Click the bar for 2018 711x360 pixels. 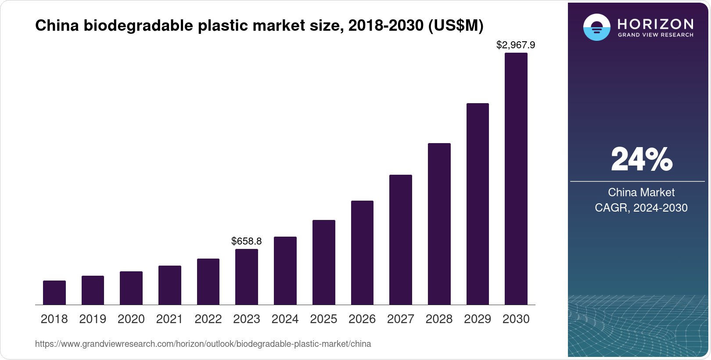tap(54, 292)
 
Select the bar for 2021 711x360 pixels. tap(170, 285)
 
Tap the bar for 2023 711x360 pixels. tap(247, 277)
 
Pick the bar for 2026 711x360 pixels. tap(362, 252)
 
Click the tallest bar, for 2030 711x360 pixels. tap(516, 179)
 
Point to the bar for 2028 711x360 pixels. tap(439, 224)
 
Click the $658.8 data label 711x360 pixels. tap(247, 241)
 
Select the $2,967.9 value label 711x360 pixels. tap(516, 45)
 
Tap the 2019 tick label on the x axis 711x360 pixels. tap(93, 319)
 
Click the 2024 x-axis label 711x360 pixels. tap(285, 319)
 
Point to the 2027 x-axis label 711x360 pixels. tap(401, 319)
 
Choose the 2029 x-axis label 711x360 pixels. tap(478, 319)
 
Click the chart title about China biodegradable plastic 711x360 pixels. tap(259, 26)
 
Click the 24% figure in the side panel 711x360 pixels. tap(641, 159)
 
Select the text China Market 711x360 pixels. tap(641, 192)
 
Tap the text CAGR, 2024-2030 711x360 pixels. tap(641, 208)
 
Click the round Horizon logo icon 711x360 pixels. tap(596, 27)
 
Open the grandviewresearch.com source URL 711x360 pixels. tap(203, 344)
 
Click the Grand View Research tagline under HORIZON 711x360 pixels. tap(656, 35)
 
